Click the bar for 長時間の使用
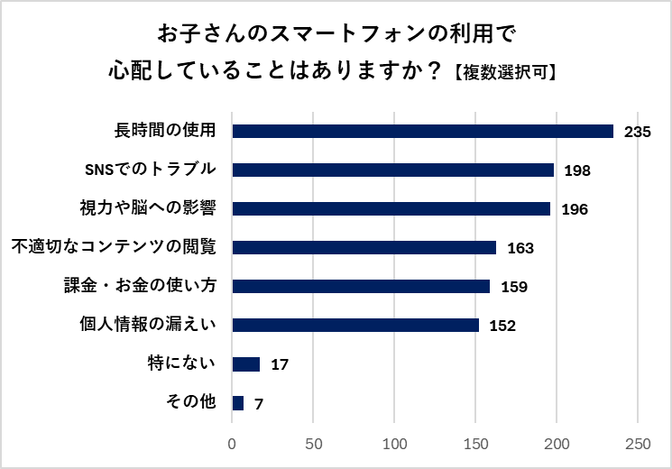[422, 131]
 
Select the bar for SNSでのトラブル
[393, 170]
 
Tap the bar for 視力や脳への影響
[391, 208]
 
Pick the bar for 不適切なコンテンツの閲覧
[364, 247]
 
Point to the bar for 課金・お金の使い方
[361, 286]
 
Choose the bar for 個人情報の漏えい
[355, 325]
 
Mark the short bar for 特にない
[246, 364]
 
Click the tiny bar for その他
[238, 403]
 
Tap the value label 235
[637, 132]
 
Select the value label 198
[576, 170]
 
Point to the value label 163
[520, 248]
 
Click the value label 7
[259, 404]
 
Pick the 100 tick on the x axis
[395, 444]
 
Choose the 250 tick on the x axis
[638, 444]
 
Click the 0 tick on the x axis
[233, 444]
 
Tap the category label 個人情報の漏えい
[149, 325]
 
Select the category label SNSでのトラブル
[150, 170]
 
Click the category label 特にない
[182, 363]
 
